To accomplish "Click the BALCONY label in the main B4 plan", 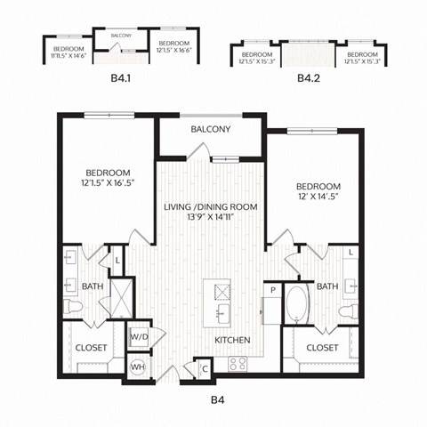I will coord(211,130).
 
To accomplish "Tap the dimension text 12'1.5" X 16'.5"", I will coord(109,185).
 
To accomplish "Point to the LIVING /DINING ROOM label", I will coord(211,206).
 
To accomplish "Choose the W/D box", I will coord(139,339).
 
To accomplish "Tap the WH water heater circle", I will coord(139,366).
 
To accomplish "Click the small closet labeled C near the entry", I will coord(205,368).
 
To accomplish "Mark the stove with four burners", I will coord(238,363).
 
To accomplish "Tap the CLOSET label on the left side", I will coord(92,349).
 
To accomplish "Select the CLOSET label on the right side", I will coord(322,349).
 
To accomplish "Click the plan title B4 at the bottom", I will coord(213,400).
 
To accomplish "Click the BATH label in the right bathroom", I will coord(327,286).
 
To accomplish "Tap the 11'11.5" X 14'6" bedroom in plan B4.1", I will coord(68,51).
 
